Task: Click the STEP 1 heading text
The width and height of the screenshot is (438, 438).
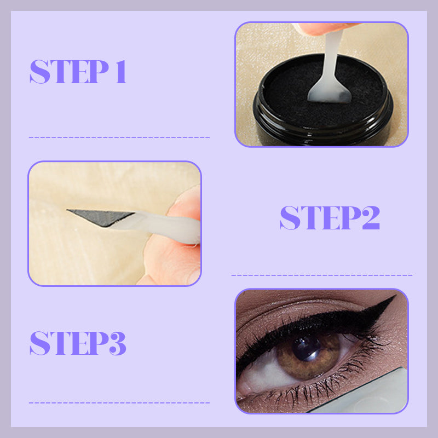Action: [78, 72]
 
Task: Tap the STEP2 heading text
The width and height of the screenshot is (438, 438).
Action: [330, 218]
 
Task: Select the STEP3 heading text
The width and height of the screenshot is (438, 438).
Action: [78, 343]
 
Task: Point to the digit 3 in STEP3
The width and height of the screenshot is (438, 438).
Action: [116, 343]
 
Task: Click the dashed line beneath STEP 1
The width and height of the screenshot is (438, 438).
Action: [119, 137]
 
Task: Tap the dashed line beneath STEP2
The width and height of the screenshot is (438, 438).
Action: [322, 275]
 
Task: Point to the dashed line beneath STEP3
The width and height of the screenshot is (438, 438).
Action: [119, 403]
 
